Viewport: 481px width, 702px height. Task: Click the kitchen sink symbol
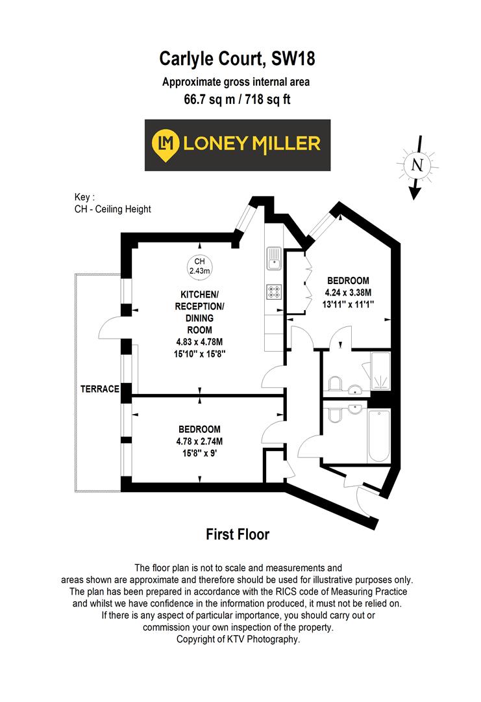pyautogui.click(x=273, y=258)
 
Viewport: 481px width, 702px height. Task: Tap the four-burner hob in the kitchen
pyautogui.click(x=273, y=292)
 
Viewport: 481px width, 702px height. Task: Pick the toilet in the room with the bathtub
pyautogui.click(x=334, y=415)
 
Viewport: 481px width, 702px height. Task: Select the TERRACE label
pyautogui.click(x=100, y=389)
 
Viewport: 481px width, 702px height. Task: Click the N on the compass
pyautogui.click(x=415, y=165)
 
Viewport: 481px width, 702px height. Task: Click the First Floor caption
pyautogui.click(x=237, y=534)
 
